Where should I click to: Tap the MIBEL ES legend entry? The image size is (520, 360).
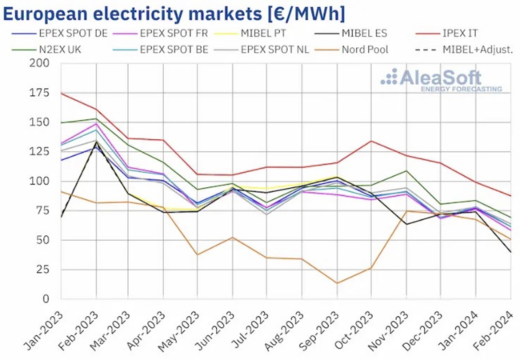pyautogui.click(x=377, y=33)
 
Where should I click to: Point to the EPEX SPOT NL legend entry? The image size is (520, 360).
pyautogui.click(x=281, y=49)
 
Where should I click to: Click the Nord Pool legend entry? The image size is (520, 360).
pyautogui.click(x=372, y=49)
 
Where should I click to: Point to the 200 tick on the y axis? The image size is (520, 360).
pyautogui.click(x=38, y=63)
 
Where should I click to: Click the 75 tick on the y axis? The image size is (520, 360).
pyautogui.click(x=41, y=210)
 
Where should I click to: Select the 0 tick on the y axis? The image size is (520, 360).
pyautogui.click(x=45, y=298)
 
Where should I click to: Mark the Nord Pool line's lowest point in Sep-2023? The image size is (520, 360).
pyautogui.click(x=337, y=282)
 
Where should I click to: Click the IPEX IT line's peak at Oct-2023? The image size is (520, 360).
pyautogui.click(x=371, y=142)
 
